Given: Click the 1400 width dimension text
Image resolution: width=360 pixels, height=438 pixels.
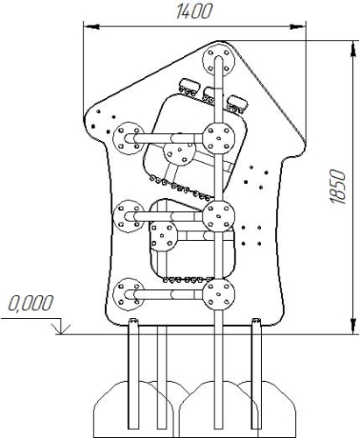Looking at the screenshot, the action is pos(194,11).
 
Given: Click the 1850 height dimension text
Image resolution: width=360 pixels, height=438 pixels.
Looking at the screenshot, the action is pos(338,187).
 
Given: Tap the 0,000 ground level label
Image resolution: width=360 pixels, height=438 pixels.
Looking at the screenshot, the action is pos(31,303).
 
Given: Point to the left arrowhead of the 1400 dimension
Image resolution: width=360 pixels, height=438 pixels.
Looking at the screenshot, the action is pos(91,27).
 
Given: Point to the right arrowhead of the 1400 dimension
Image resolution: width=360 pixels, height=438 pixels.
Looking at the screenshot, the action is pos(298,27).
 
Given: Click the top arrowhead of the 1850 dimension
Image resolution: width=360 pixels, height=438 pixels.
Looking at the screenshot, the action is pos(353,49).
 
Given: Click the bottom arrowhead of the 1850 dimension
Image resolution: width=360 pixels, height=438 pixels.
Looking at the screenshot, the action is pos(353,325).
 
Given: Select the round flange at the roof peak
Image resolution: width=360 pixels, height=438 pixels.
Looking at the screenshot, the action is pos(219,61).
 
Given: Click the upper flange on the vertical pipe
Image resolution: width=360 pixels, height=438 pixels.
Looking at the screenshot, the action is pos(219,138).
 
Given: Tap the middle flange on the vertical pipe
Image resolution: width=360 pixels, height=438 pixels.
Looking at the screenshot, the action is pos(219,216).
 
